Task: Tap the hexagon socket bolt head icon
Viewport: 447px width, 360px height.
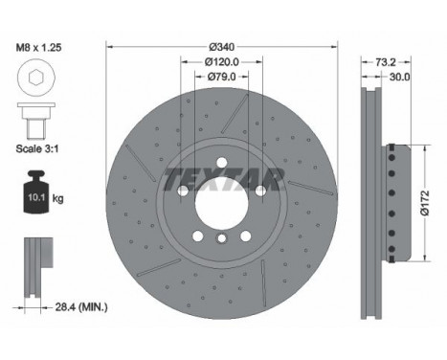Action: pyautogui.click(x=34, y=79)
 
